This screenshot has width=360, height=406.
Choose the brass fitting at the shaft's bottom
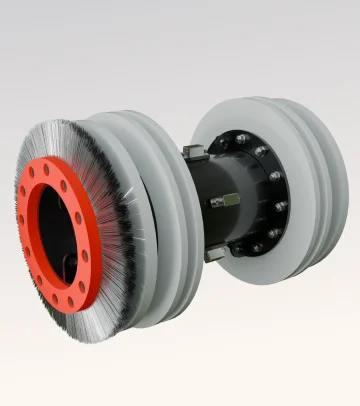click(214, 254)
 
